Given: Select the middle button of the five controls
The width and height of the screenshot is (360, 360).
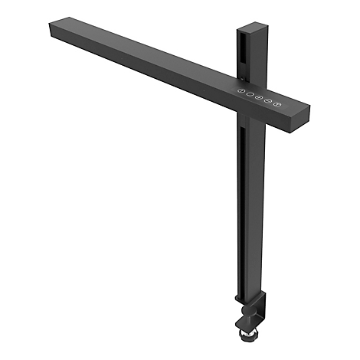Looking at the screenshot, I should click(259, 98).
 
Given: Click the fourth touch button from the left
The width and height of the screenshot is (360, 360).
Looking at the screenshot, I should click(268, 101).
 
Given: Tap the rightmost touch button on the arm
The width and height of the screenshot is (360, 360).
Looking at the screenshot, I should click(278, 103).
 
